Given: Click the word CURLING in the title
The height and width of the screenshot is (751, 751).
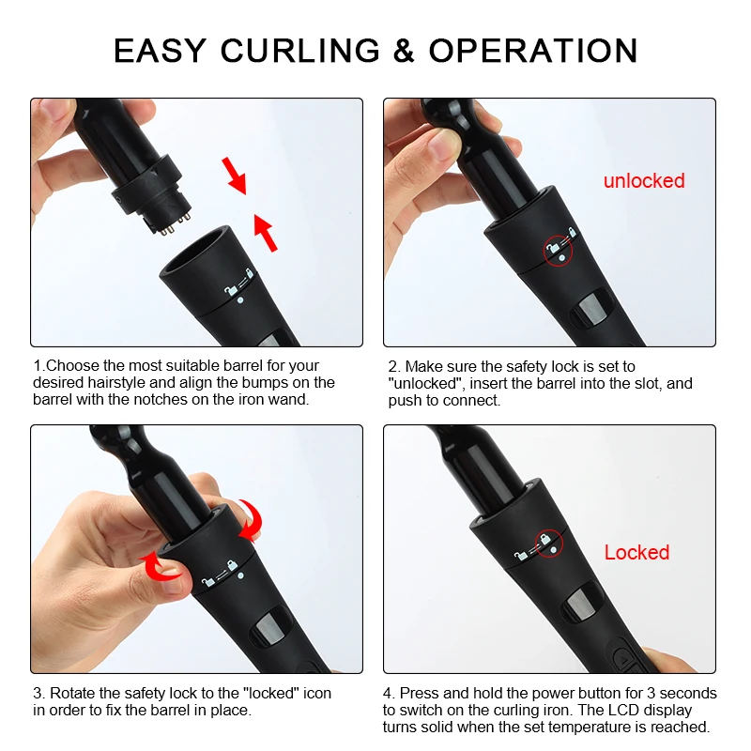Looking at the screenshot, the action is (299, 51).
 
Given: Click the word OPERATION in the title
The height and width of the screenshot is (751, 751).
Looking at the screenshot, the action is (533, 51).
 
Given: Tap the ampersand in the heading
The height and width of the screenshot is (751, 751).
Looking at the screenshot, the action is (404, 51).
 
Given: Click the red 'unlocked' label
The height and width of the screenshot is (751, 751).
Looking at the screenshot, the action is (644, 181).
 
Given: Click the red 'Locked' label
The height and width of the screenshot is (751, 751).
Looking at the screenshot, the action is (636, 552).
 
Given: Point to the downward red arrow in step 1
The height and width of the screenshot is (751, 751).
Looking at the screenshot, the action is (235, 176).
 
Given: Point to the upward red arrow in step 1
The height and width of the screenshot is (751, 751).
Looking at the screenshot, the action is (266, 233).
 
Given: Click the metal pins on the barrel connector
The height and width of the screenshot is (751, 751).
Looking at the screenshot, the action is (174, 224).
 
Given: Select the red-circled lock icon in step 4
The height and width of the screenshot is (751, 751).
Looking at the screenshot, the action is (549, 544).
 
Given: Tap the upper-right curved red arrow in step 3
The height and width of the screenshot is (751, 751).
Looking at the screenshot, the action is (252, 520).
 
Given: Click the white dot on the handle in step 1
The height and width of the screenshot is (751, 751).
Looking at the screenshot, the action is (240, 300).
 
